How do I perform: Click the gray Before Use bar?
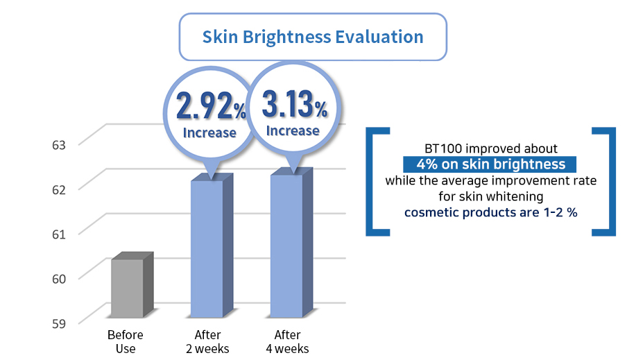coord(132,285)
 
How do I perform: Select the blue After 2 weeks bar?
coord(212,246)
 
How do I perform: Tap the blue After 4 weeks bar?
coord(291,243)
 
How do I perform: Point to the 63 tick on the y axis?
coord(59,145)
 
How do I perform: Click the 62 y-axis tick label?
coord(59,189)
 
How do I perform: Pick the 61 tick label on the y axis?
coord(59,234)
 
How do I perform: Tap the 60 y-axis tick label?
coord(59,279)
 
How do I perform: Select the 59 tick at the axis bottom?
coord(59,323)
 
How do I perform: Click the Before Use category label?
coord(125,341)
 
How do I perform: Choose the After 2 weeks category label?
coord(207,341)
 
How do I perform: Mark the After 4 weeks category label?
coord(288,341)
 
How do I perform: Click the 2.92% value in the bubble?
coord(211,106)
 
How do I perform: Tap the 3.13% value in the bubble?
coord(295,104)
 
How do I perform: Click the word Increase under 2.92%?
coord(209,132)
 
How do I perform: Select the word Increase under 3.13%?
coord(293,131)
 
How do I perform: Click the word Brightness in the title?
coord(286,37)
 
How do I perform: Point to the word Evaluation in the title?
coord(379,37)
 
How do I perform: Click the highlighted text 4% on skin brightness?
coord(490,164)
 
